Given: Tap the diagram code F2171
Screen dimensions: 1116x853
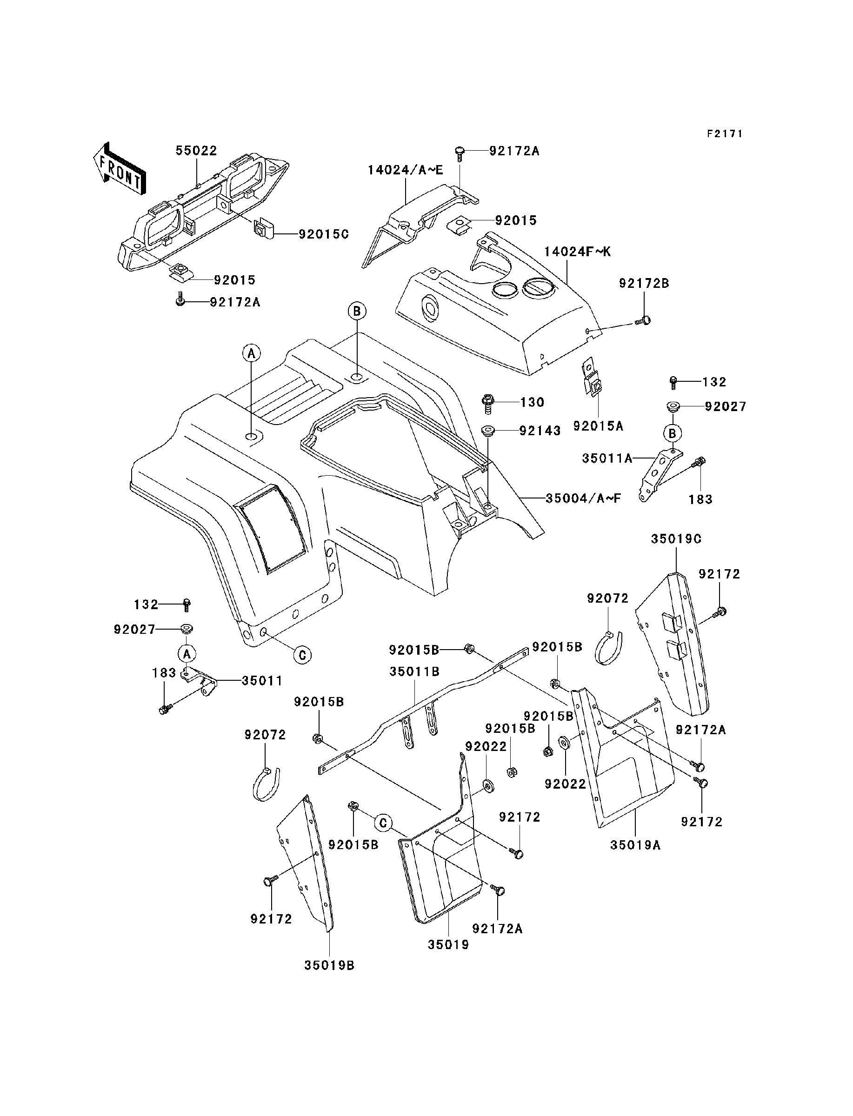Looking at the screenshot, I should coord(725,133).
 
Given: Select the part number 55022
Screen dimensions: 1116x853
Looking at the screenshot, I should coord(196,151).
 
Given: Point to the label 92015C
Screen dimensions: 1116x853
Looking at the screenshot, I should coord(323,234).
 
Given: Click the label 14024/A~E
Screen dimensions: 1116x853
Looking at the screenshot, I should coord(405,171).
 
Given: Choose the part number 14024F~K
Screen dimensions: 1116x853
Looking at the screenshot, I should coord(577,252).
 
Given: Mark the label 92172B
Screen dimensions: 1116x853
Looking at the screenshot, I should coord(644,284).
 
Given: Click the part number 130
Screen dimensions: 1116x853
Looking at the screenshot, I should coord(532,402).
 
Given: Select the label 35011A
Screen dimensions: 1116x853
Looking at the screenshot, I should coord(607,458).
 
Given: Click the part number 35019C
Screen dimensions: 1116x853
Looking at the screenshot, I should coord(676,539).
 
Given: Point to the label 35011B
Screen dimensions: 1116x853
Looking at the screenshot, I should coord(414,671).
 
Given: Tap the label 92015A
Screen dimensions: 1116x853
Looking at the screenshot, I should coord(598,426).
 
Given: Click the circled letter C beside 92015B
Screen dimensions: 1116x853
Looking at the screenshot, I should coord(383,823).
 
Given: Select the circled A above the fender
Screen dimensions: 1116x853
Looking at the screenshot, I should coord(251,353).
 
